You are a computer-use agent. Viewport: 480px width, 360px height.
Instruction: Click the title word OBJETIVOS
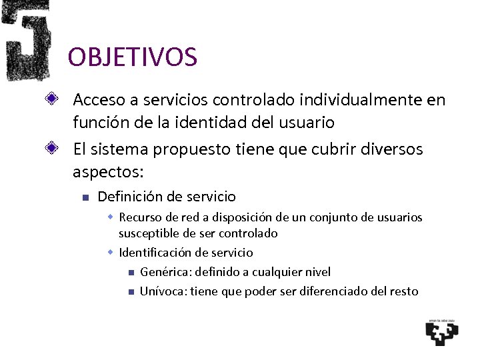[x=132, y=57]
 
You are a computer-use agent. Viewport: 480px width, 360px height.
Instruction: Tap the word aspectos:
[x=107, y=171]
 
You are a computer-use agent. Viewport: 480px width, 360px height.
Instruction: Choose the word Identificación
[x=157, y=253]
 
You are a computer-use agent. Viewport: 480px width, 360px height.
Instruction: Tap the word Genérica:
[x=163, y=272]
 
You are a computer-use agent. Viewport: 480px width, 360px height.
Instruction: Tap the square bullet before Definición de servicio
[x=83, y=197]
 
